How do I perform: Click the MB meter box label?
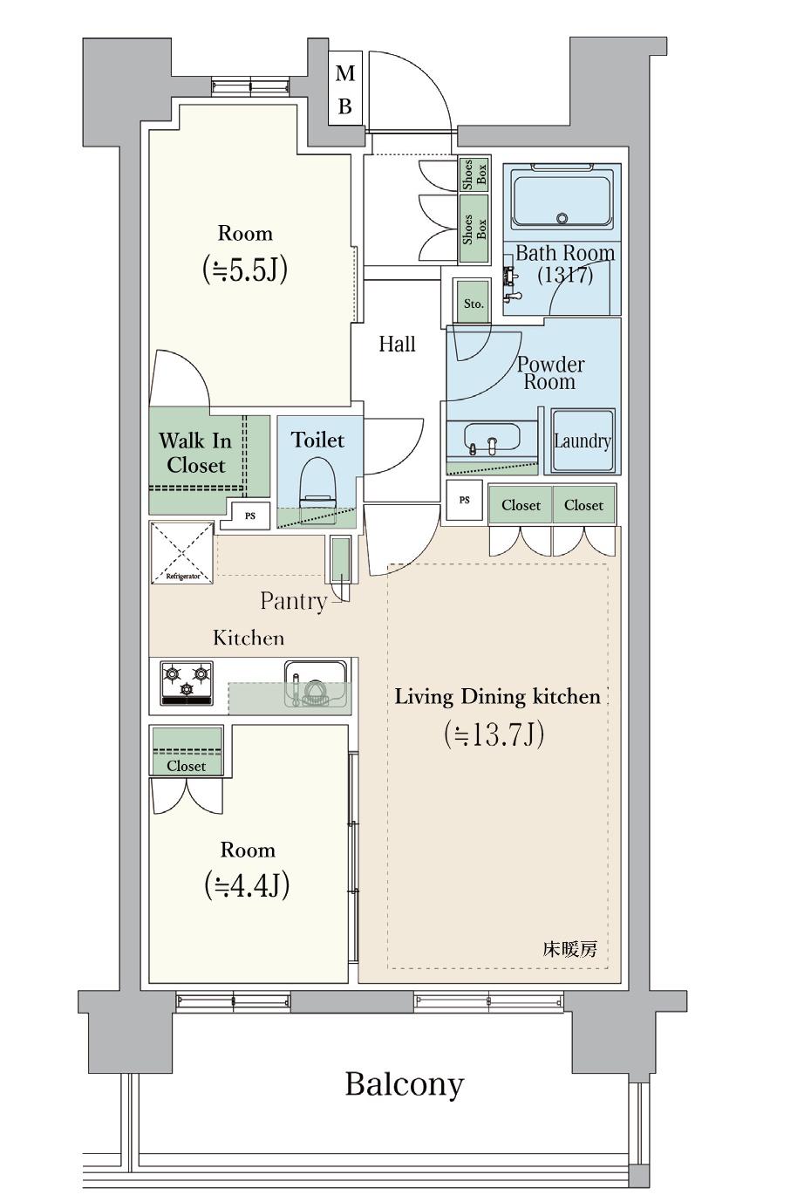point(344,89)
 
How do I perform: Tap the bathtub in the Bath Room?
point(562,200)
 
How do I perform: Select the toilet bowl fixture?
point(317,482)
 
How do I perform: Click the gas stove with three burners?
point(187,683)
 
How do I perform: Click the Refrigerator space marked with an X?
point(182,553)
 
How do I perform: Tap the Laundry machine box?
point(583,441)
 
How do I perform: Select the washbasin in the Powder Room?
point(492,437)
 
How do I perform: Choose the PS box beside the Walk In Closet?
point(250,516)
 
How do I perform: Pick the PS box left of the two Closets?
point(465,500)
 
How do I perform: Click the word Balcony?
point(405,1084)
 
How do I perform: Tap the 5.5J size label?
point(244,269)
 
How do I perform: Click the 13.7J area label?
point(494,734)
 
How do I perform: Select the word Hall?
point(397,344)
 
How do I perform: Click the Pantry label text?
point(293,602)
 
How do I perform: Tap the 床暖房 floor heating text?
point(569,949)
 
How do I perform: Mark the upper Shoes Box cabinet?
point(474,174)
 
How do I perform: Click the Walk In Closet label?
point(196,453)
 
